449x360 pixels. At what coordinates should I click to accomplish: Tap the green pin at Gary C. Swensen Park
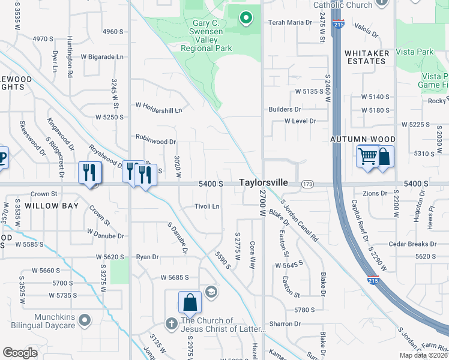(245, 19)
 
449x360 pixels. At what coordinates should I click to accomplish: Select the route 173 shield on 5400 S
(308, 183)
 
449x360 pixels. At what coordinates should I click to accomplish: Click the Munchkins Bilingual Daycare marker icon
(85, 320)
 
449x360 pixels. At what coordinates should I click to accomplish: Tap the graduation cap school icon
(210, 292)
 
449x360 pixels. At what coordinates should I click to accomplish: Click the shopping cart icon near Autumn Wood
(367, 157)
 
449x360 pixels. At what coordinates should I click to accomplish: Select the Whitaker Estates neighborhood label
(366, 57)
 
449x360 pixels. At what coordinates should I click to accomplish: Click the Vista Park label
(416, 52)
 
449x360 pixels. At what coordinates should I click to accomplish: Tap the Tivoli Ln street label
(206, 206)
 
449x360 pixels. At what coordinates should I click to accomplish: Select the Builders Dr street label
(285, 110)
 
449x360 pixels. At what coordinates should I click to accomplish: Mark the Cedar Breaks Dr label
(412, 244)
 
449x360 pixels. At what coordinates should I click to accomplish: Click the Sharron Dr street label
(285, 323)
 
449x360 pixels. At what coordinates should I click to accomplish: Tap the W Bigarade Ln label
(101, 57)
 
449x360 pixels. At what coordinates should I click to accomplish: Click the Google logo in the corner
(20, 353)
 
